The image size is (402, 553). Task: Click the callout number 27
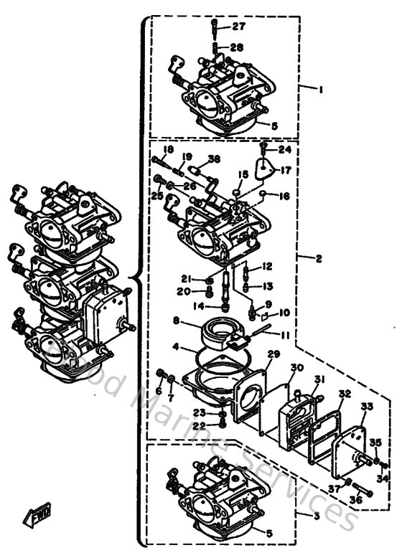(238, 27)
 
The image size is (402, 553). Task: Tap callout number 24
(285, 150)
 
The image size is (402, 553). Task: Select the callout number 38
(214, 159)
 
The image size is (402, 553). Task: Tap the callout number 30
(296, 368)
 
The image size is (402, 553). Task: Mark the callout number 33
(367, 407)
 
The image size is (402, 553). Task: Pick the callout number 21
(185, 279)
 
